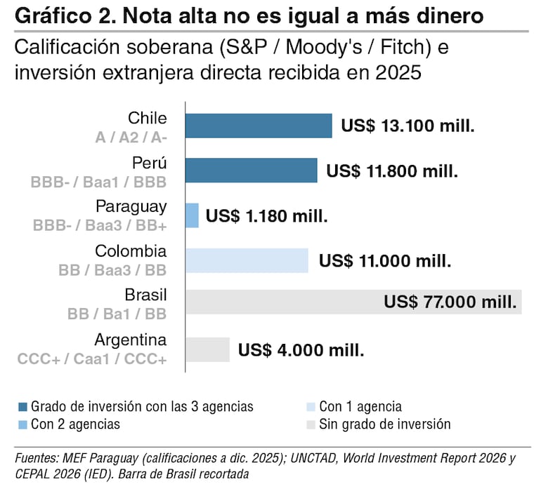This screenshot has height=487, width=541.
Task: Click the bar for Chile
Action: coord(259,126)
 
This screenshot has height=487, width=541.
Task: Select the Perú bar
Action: coord(252,171)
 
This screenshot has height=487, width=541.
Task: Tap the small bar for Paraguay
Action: coord(193,215)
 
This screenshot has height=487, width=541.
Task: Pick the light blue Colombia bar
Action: coord(247,260)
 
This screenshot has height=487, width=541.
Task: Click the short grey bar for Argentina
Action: coord(208,349)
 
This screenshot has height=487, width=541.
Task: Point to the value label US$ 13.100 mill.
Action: coord(408,126)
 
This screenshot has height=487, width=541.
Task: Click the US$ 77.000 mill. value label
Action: coord(450,302)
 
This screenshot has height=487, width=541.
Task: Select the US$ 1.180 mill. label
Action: coord(267,216)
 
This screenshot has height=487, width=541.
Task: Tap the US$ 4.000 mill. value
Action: coord(301,350)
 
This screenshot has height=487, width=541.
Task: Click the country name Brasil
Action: coord(145,295)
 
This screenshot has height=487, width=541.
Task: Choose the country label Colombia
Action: coord(131,251)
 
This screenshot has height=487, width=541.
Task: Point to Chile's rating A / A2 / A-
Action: coord(131,138)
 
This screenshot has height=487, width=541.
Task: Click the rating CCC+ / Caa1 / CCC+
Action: coord(92,359)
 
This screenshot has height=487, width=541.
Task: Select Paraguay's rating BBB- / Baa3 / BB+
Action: coord(100,225)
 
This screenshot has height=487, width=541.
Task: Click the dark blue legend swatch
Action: coord(22,407)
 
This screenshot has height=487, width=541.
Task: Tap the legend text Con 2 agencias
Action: coord(75,425)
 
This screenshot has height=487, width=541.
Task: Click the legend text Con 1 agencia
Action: coord(360,407)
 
